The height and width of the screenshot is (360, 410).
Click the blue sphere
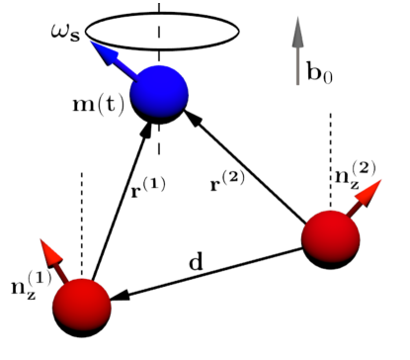click(x=160, y=92)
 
